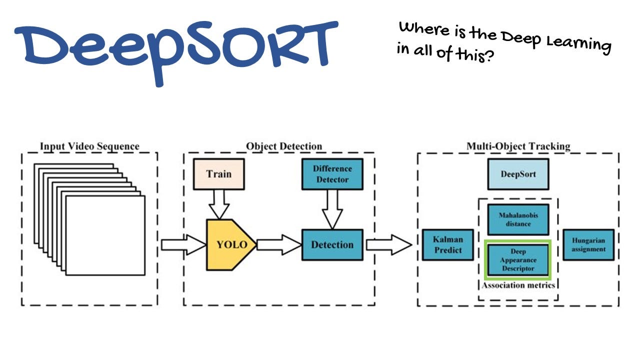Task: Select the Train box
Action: (x=218, y=174)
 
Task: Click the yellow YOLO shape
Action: (x=230, y=244)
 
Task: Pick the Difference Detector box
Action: (x=332, y=174)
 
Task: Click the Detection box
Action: (x=332, y=244)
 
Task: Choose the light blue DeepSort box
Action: (x=518, y=174)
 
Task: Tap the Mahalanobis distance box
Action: (x=518, y=219)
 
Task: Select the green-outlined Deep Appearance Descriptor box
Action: (x=518, y=260)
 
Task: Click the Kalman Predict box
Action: (x=447, y=244)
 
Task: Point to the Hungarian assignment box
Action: (x=588, y=244)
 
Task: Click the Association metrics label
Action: (x=518, y=285)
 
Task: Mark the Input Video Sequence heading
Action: (x=89, y=146)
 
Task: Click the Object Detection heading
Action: (x=284, y=146)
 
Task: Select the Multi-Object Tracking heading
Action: (x=518, y=146)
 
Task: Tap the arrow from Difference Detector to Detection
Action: (x=332, y=208)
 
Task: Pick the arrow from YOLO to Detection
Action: (x=278, y=244)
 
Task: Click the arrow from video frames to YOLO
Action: (x=182, y=244)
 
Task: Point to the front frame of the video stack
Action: (x=105, y=235)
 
